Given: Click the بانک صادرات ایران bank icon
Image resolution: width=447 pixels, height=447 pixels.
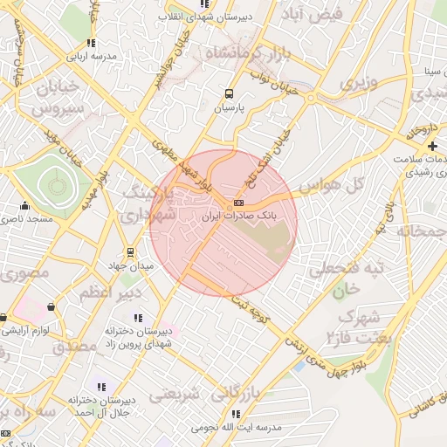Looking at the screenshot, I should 239,205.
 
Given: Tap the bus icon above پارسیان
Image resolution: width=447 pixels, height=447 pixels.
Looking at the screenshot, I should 229,94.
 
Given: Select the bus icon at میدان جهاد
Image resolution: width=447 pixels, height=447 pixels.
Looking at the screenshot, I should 131,252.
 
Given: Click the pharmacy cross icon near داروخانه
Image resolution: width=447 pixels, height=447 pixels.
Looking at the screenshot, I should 432,145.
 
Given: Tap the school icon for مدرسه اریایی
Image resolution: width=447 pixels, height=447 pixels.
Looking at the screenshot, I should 91,42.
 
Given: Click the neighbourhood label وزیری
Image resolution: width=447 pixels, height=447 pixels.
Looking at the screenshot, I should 359,84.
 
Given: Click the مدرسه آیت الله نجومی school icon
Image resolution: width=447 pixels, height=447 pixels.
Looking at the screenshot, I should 235,414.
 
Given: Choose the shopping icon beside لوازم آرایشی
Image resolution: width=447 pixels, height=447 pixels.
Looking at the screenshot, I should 51,307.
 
